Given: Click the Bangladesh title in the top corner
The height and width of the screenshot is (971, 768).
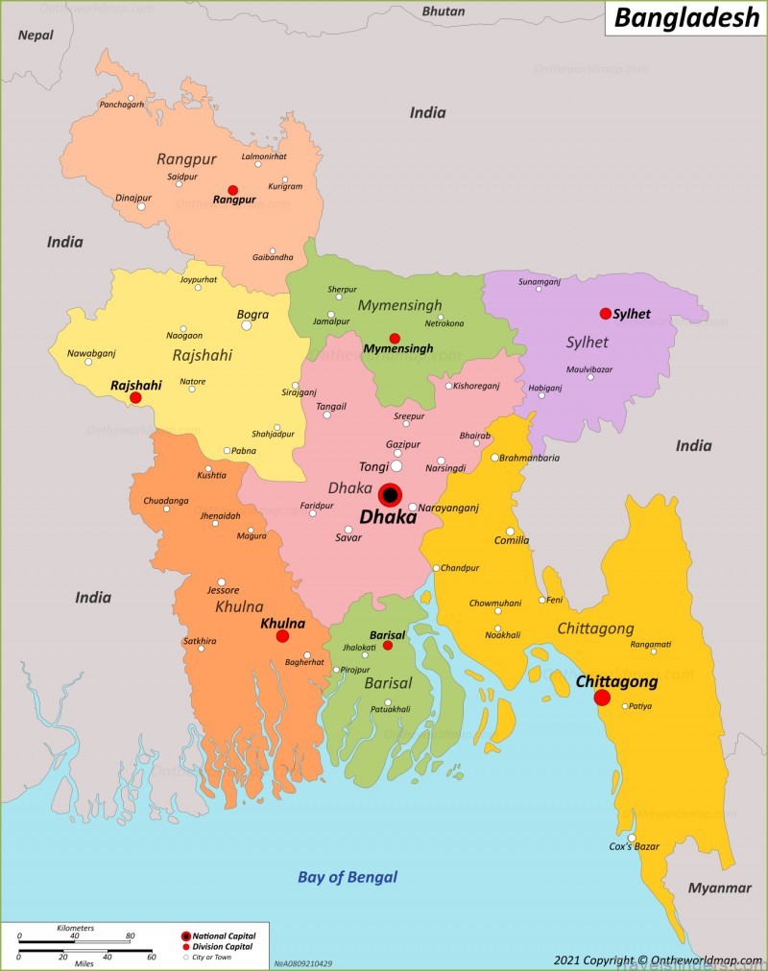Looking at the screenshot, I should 686,18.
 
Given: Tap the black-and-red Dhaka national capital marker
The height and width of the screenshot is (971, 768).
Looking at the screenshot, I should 390,495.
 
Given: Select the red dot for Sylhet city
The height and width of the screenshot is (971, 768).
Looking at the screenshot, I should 605,314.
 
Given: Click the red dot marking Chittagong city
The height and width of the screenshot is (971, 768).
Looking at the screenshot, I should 602,697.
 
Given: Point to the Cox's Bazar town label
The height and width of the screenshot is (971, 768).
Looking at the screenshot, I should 635,846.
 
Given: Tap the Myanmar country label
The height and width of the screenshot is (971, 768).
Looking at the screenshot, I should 719,888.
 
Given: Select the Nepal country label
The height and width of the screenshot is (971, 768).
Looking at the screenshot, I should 36,35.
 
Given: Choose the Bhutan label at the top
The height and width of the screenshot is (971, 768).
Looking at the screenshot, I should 444,12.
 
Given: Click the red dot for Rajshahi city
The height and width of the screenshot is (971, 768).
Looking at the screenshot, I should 135,397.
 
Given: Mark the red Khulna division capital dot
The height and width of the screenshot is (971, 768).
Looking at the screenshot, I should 282,636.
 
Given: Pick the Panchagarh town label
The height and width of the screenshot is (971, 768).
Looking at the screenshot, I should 122,104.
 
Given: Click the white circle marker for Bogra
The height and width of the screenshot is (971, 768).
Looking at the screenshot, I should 246,325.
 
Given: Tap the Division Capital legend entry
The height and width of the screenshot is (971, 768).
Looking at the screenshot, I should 222,946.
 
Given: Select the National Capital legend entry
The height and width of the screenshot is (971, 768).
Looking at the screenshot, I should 224,935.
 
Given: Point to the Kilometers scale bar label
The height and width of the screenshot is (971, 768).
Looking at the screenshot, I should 76,928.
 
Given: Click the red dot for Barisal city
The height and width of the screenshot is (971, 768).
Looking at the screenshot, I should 388,646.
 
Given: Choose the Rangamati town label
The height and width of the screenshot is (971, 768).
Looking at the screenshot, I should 651,644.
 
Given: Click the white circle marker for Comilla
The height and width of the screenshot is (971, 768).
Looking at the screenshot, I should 511,531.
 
